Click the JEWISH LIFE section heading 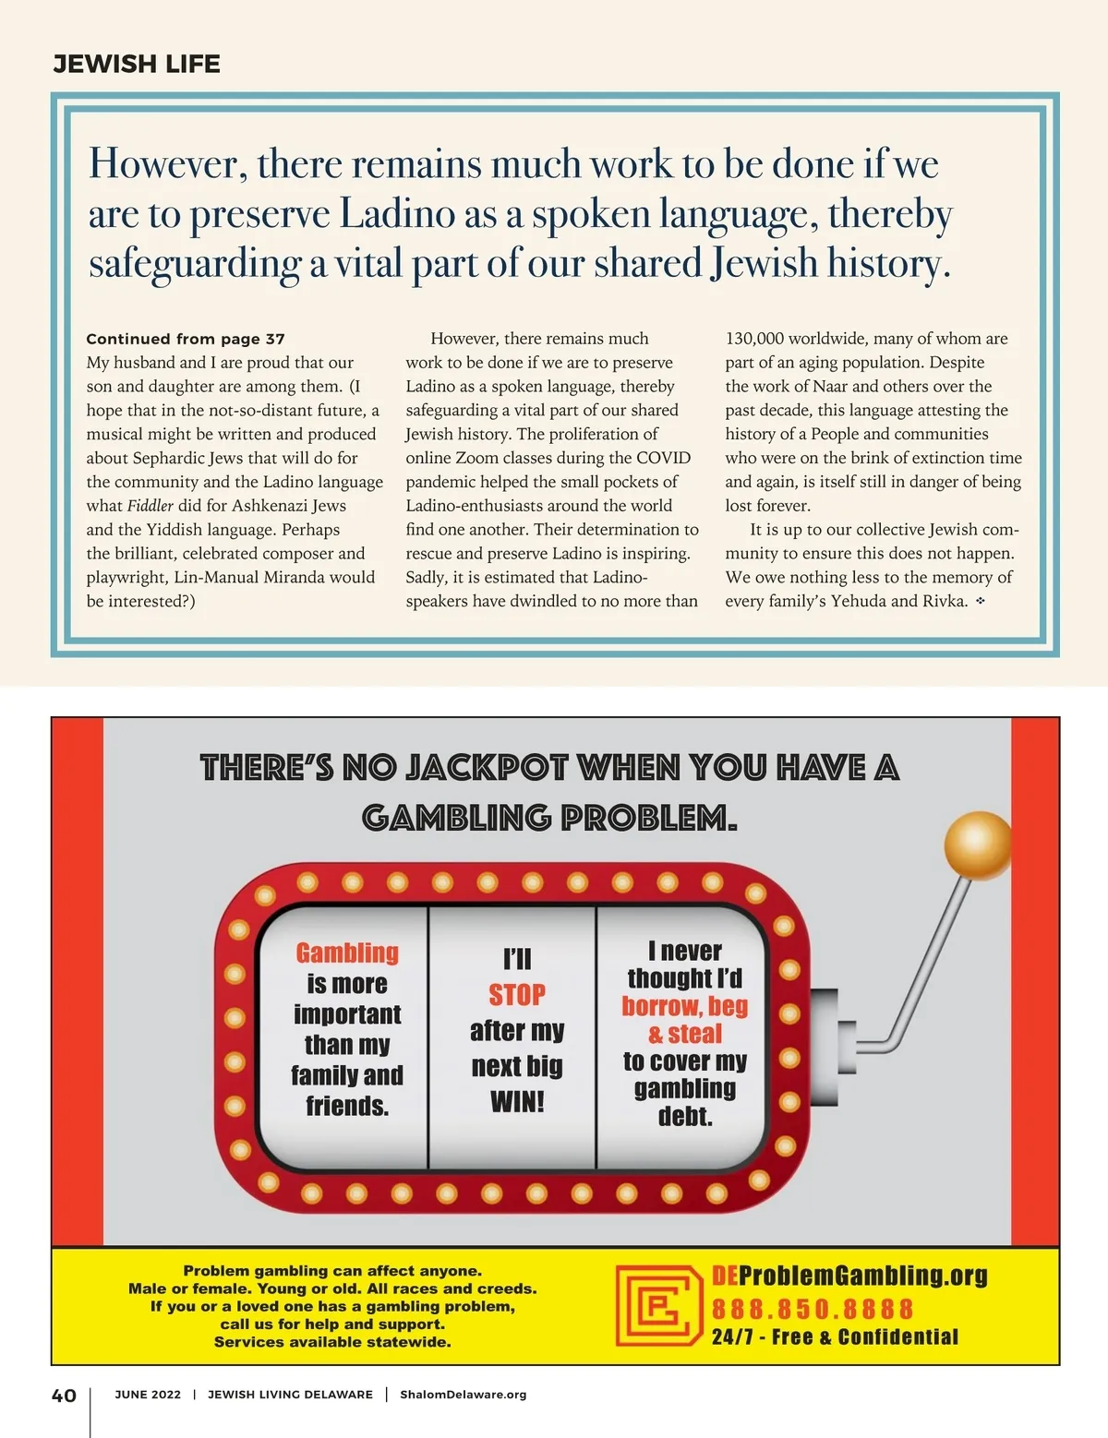137,64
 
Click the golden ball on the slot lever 977,845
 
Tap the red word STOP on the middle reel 517,995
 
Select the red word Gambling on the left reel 347,953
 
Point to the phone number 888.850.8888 813,1309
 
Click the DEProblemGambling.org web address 849,1276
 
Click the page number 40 64,1396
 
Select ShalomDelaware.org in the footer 463,1395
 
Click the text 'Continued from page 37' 186,339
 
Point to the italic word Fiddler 151,506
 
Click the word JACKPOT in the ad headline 487,768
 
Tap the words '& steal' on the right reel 685,1034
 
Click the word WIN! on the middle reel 517,1101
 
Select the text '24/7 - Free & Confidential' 835,1336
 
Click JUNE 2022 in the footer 148,1395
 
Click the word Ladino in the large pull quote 397,214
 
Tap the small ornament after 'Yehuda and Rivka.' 981,601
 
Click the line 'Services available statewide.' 332,1341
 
